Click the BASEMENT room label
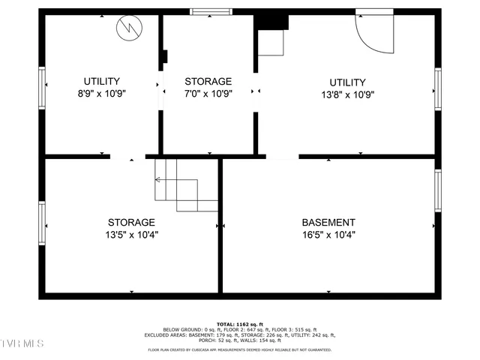point(328,223)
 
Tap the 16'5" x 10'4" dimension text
point(328,235)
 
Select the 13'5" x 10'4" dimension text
point(131,235)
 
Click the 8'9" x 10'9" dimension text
point(101,94)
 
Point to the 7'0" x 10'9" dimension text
point(208,94)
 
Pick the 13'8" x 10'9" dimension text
point(347,94)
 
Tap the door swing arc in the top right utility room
point(375,34)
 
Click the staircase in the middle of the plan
point(186,184)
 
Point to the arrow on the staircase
point(159,180)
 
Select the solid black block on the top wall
point(271,21)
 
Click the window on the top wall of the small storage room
point(211,12)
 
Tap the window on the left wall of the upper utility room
point(42,88)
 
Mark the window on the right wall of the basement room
point(438,190)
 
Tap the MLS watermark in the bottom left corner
point(22,343)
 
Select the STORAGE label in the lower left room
point(131,223)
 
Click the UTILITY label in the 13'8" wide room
point(347,82)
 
